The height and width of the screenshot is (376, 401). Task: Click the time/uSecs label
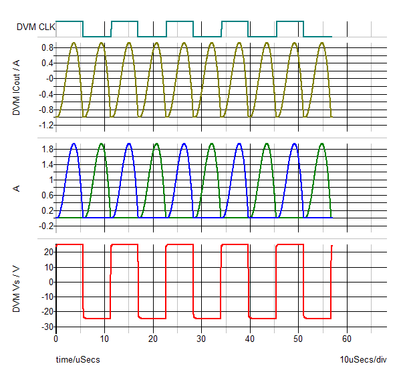[78, 360]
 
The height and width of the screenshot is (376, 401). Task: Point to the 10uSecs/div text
[363, 360]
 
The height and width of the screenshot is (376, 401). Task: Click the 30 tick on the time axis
[202, 339]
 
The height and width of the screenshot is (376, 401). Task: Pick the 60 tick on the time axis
[347, 339]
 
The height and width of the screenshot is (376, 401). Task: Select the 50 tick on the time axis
[299, 339]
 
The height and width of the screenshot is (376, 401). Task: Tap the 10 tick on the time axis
[105, 339]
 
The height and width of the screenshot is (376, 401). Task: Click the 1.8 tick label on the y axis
[47, 149]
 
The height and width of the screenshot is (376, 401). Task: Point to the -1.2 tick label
[45, 125]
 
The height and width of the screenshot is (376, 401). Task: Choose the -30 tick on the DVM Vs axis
[47, 327]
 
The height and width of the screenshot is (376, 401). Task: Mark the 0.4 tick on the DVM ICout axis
[47, 63]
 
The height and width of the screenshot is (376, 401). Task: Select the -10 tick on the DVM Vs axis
[47, 297]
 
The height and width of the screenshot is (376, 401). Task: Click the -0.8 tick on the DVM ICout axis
[45, 110]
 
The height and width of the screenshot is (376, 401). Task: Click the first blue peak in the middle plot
[74, 144]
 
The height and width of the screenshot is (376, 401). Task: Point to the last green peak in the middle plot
[322, 144]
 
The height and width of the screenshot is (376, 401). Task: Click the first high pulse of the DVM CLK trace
[70, 22]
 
